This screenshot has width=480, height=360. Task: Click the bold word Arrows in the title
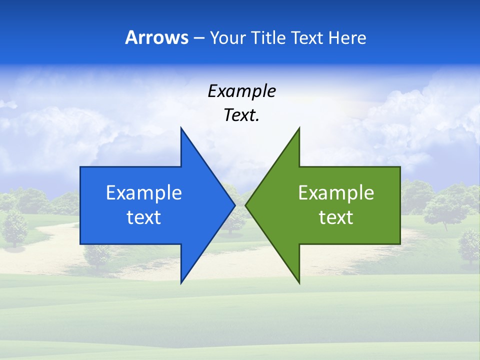(157, 37)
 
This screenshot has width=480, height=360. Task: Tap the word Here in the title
(347, 37)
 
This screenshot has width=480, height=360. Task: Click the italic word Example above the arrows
(242, 91)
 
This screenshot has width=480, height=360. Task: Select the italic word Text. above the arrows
(242, 115)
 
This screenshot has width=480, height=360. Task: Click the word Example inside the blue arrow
(144, 192)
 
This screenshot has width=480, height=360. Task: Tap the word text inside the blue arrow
(144, 217)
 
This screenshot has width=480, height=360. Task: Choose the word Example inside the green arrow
(336, 192)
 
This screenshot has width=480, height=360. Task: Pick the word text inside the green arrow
(336, 217)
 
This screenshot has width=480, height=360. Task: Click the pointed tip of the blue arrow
(234, 205)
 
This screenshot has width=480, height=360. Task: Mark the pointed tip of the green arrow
(245, 205)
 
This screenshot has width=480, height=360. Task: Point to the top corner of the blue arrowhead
(181, 128)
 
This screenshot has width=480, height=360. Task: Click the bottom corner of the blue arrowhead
(181, 283)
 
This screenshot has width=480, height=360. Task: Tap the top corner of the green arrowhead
(299, 128)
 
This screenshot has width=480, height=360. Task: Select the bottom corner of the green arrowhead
(299, 283)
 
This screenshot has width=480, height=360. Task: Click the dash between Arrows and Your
(198, 38)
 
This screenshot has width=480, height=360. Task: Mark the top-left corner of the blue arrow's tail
(80, 167)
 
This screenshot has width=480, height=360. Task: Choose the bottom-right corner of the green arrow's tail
(400, 243)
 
